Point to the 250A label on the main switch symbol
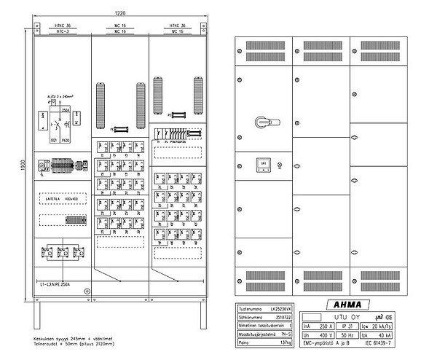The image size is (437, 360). coord(64,111)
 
